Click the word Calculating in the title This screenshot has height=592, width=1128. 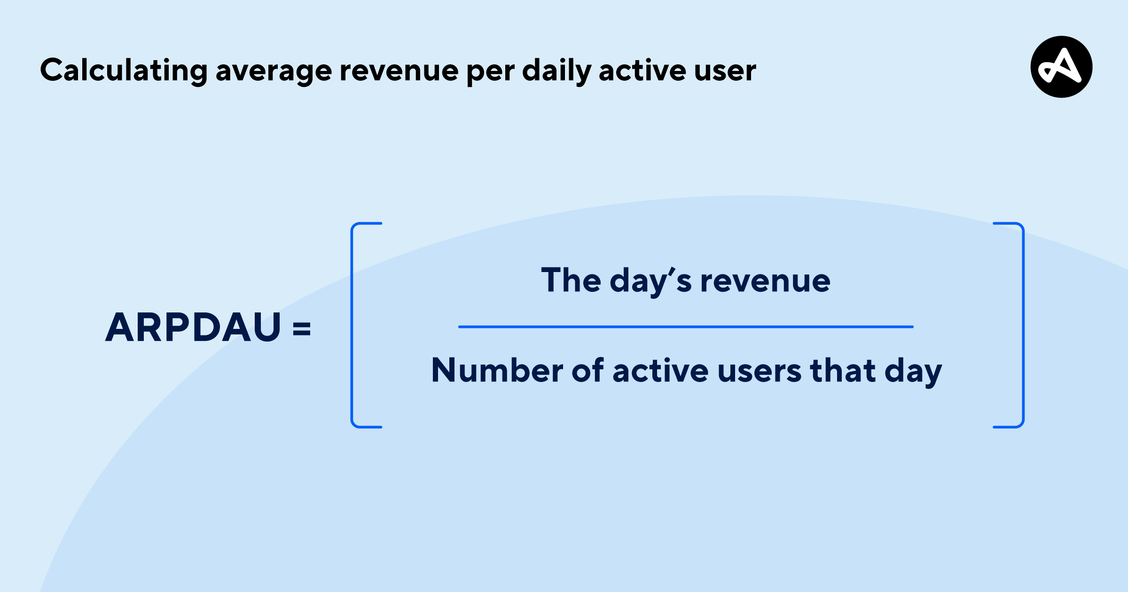124,71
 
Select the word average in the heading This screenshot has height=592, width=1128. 274,73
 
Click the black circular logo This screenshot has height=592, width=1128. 1061,67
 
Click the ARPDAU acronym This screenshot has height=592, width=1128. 193,327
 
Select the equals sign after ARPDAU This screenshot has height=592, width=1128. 302,328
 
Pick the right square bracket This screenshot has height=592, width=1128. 1023,325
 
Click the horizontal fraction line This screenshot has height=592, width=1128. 686,327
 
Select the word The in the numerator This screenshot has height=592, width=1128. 571,280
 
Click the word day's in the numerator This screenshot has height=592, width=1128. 651,282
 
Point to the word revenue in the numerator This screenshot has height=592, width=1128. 765,282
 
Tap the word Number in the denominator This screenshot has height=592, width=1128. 497,370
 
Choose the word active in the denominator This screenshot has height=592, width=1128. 661,370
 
